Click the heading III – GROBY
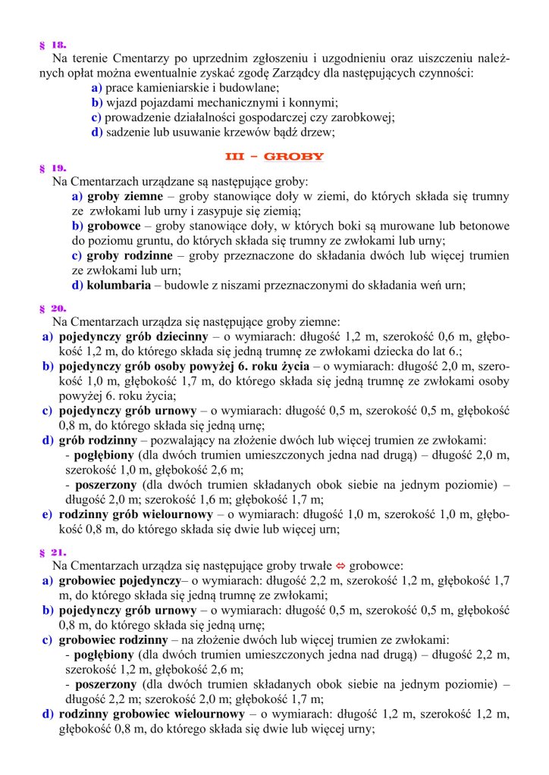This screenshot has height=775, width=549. click(x=274, y=157)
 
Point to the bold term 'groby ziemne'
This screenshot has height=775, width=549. click(x=123, y=196)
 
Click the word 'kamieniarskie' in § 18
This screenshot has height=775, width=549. click(x=171, y=87)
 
